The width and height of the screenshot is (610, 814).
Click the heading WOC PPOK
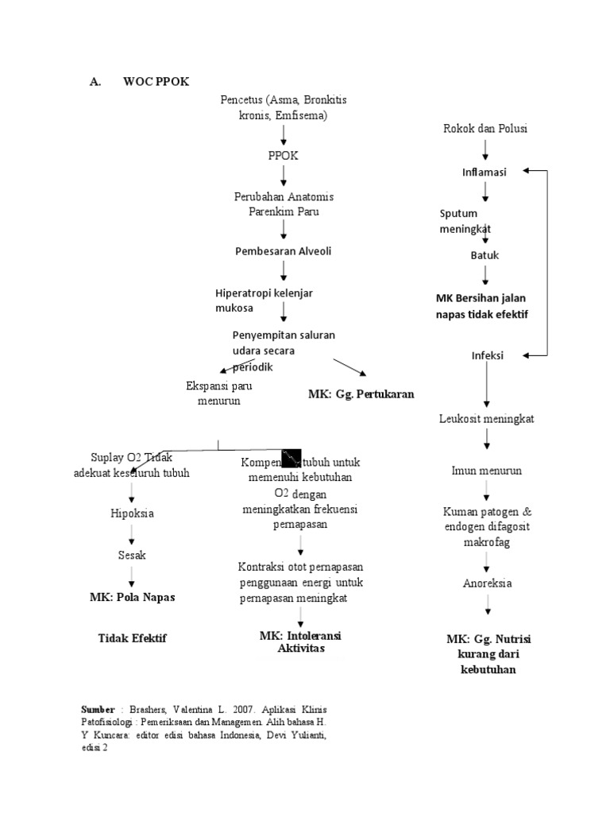(156, 82)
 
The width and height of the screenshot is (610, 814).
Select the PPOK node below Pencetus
(284, 156)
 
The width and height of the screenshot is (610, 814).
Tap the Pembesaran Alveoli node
(283, 251)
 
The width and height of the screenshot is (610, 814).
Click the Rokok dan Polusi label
(485, 128)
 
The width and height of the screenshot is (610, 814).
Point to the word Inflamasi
(485, 172)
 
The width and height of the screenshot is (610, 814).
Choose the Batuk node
(485, 255)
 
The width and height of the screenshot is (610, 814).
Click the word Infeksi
(488, 355)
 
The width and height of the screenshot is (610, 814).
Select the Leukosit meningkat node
(487, 418)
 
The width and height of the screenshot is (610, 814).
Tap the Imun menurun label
(487, 471)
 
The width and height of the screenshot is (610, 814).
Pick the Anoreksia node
(487, 583)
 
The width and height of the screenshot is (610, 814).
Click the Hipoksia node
(133, 513)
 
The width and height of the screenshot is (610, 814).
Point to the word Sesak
(133, 555)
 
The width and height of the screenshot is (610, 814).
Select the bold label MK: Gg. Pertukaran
(361, 393)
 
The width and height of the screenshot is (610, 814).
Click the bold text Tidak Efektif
(133, 638)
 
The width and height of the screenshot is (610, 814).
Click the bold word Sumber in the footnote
(98, 708)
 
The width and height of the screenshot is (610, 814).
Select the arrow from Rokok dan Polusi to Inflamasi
(485, 149)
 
